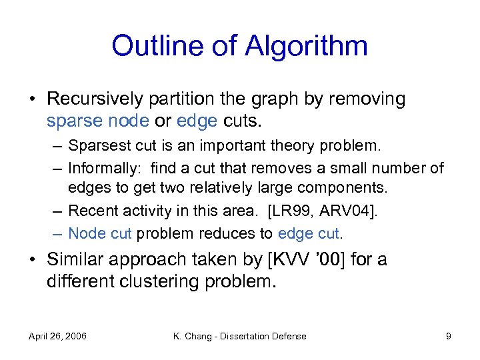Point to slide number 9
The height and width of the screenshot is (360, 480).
pos(449,337)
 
